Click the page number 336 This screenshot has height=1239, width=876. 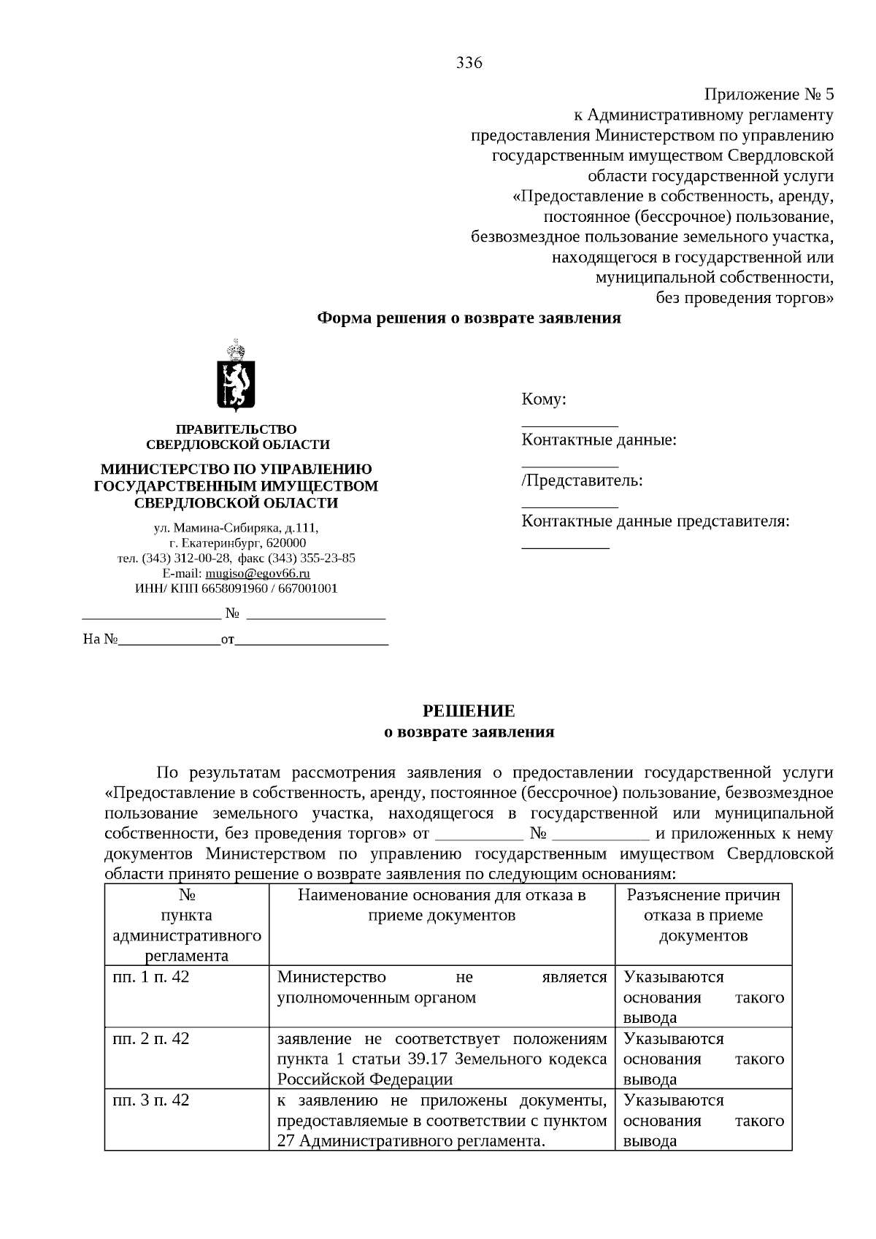point(469,63)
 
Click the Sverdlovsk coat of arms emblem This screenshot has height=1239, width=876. point(235,376)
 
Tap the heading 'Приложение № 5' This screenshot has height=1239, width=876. point(768,95)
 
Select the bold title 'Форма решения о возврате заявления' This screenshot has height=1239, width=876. point(469,318)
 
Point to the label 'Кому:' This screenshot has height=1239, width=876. point(544,399)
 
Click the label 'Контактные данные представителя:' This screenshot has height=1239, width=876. point(656,521)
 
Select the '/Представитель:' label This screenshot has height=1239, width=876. point(582,480)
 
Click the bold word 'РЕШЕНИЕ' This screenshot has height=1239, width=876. point(469,711)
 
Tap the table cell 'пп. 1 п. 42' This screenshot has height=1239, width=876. point(151,977)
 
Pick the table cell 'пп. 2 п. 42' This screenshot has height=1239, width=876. point(151,1038)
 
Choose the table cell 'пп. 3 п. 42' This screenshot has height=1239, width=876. point(151,1100)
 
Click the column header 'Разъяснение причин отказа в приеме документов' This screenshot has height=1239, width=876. point(703,916)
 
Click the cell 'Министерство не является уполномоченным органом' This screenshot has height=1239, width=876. point(442,987)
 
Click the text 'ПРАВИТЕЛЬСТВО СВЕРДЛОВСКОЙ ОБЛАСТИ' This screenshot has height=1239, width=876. point(237,437)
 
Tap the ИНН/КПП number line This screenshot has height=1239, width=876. point(237,588)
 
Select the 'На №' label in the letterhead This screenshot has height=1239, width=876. point(101,640)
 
